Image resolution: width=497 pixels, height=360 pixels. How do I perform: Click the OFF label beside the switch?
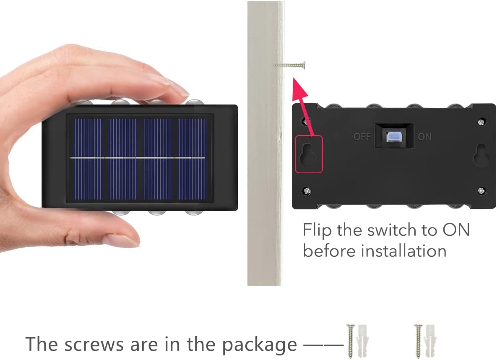(x=362, y=137)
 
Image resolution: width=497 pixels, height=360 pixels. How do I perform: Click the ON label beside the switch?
(x=424, y=137)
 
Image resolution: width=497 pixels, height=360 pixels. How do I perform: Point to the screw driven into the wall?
(x=290, y=65)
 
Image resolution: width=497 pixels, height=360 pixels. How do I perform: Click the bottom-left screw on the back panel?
(x=307, y=190)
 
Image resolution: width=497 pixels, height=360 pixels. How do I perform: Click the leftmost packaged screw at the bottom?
(x=351, y=341)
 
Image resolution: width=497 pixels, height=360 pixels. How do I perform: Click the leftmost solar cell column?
(x=88, y=159)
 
